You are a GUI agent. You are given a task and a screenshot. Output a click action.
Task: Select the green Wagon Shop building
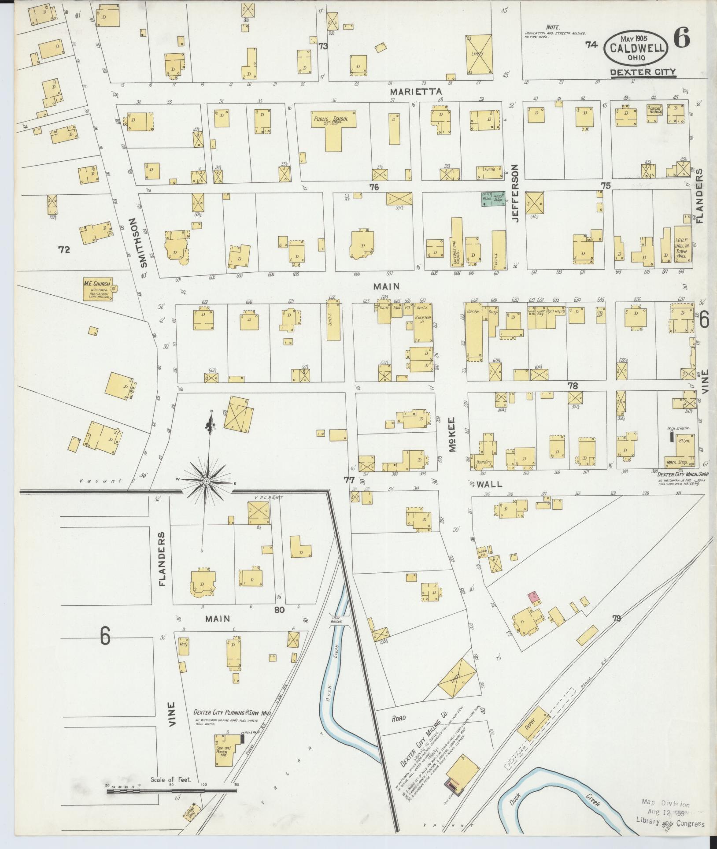point(492,199)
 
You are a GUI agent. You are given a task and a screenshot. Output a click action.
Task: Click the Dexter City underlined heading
point(643,72)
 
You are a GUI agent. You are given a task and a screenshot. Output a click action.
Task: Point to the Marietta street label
point(416,91)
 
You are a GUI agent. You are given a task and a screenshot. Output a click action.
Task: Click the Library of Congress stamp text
point(670,824)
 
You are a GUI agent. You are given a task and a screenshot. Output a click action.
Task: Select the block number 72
point(64,250)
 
